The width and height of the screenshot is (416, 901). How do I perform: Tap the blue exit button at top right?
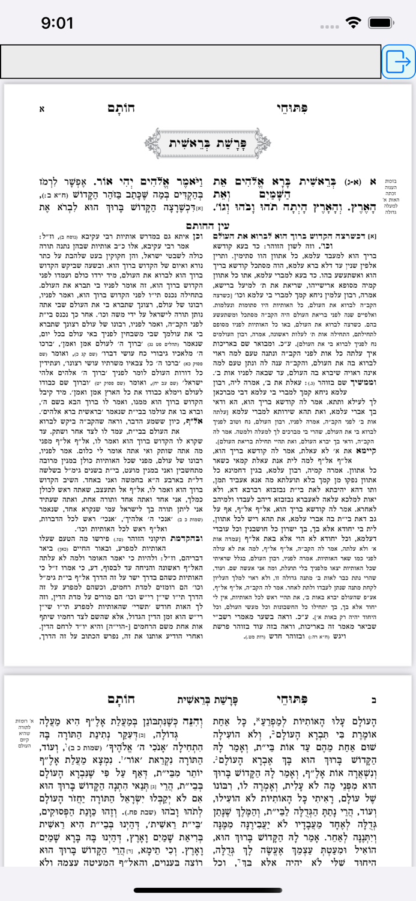(398, 61)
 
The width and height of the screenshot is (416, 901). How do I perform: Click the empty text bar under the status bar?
(190, 61)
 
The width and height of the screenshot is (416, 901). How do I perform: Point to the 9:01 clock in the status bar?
(57, 23)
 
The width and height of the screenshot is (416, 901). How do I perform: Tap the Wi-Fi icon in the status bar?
(354, 23)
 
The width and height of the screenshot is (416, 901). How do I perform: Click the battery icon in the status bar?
(381, 23)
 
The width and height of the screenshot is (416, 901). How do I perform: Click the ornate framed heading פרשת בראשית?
(208, 143)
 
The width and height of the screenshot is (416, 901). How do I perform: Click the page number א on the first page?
(41, 109)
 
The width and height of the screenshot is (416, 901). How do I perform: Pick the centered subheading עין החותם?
(208, 226)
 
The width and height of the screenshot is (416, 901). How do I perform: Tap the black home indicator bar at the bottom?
(208, 890)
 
